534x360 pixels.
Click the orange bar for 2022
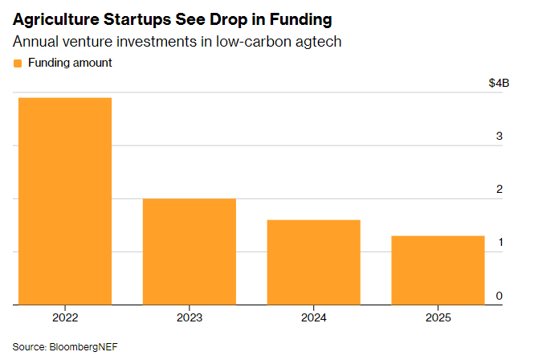tap(64, 201)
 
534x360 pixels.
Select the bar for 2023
tap(189, 252)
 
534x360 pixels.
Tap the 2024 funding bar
tap(313, 262)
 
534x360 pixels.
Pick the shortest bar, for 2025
tap(438, 270)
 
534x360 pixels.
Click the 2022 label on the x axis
tap(64, 317)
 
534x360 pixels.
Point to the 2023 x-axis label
tap(189, 317)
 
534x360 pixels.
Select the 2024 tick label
tap(313, 317)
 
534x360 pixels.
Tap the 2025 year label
tap(438, 317)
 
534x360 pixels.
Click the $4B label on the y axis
tap(498, 84)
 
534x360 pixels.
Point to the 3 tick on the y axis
tap(499, 137)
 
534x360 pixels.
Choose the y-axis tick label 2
tap(499, 190)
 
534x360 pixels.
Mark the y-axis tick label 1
tap(499, 243)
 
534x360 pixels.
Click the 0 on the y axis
tap(499, 296)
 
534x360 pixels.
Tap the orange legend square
tap(18, 63)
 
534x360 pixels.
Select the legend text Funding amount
tap(70, 63)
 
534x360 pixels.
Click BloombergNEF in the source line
tap(81, 346)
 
